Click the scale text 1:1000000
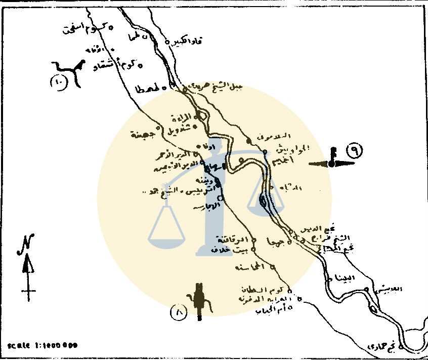click(43, 345)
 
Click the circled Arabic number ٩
click(354, 151)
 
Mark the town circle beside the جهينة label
click(158, 128)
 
